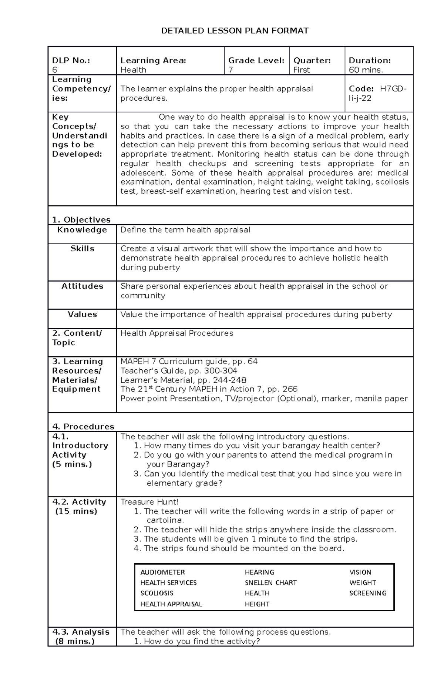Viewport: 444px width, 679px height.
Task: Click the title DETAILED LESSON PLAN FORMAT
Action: coord(235,31)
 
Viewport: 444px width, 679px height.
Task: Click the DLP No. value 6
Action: coord(55,70)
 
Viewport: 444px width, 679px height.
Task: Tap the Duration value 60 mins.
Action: coord(366,70)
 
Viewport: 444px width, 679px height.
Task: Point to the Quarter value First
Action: coord(302,70)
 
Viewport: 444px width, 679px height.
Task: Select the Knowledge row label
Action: coord(82,230)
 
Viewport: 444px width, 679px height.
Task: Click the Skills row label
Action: coord(82,249)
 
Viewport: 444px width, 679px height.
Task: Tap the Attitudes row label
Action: coord(82,286)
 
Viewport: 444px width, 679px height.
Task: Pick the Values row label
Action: coord(82,315)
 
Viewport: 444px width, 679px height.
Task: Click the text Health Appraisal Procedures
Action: coord(177,333)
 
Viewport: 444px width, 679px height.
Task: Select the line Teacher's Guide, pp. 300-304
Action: coord(179,371)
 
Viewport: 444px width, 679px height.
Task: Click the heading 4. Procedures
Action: coord(83,427)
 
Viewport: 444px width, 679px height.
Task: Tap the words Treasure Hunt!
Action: coord(149,502)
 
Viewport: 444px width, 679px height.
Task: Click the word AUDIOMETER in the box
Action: coord(162,572)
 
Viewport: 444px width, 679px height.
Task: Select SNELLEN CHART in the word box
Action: coord(270,583)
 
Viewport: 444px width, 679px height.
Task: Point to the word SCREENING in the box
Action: coord(368,593)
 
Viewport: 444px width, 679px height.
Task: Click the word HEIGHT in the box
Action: coord(257,604)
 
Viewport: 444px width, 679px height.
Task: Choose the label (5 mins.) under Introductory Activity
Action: coord(72,464)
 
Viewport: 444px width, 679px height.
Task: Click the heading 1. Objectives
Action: coord(81,220)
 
